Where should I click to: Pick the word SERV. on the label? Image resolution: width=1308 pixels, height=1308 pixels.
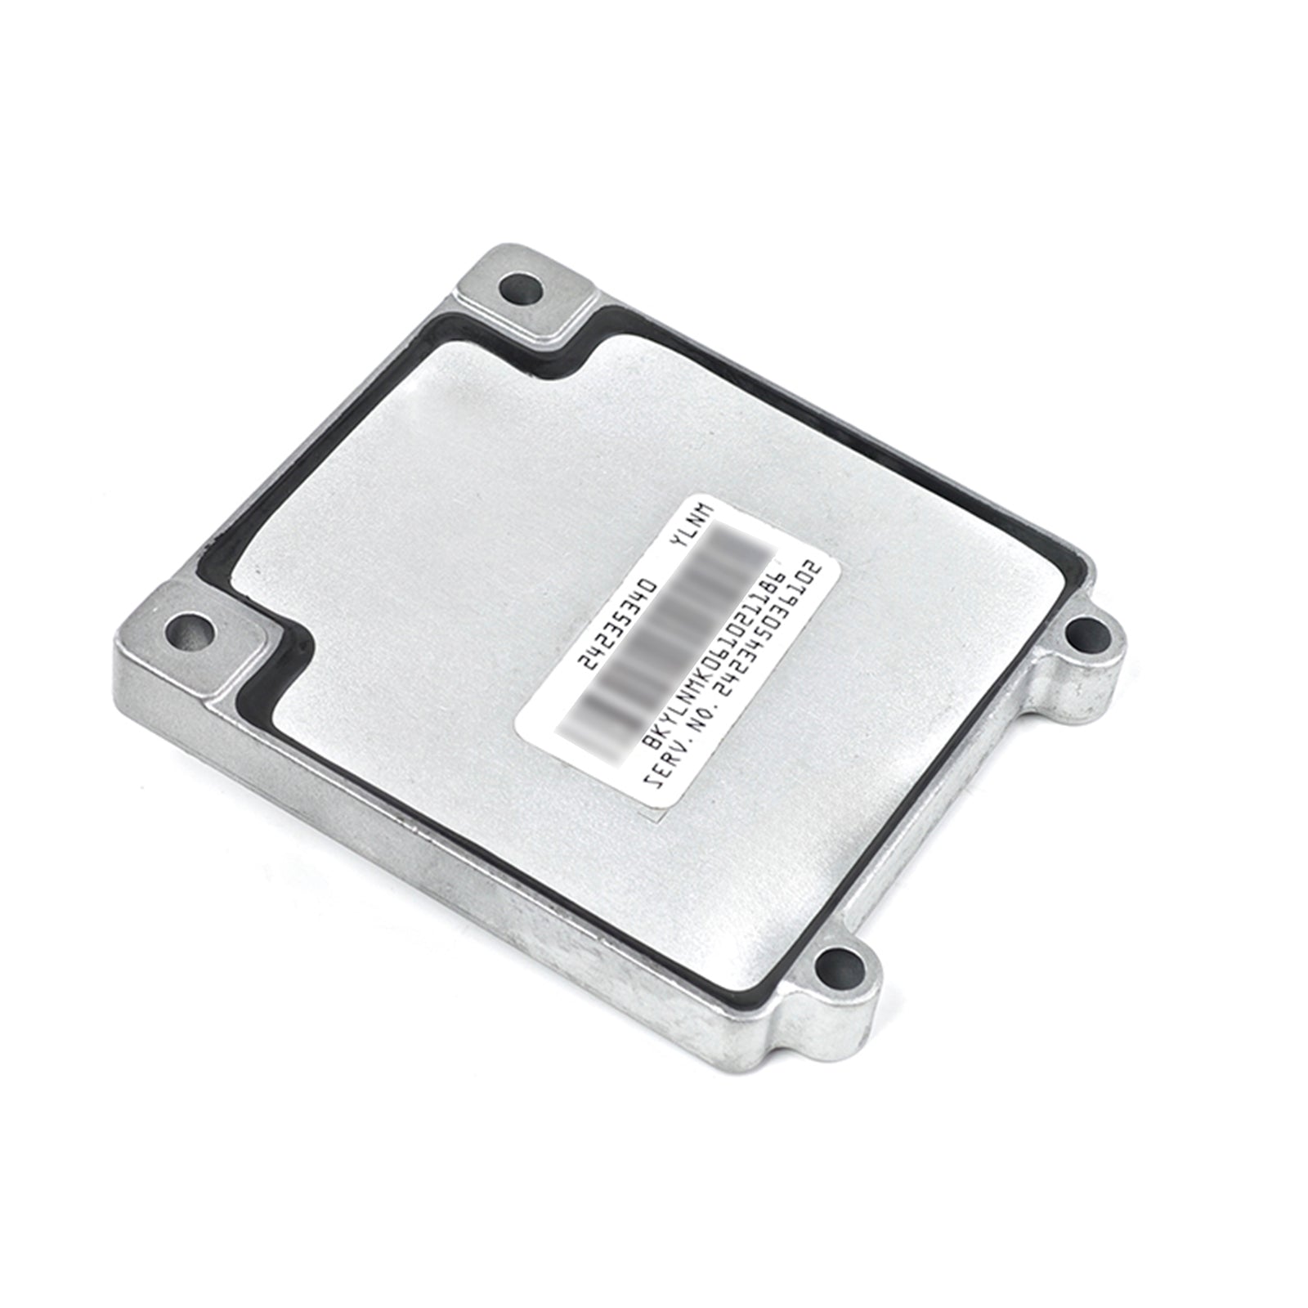[661, 759]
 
